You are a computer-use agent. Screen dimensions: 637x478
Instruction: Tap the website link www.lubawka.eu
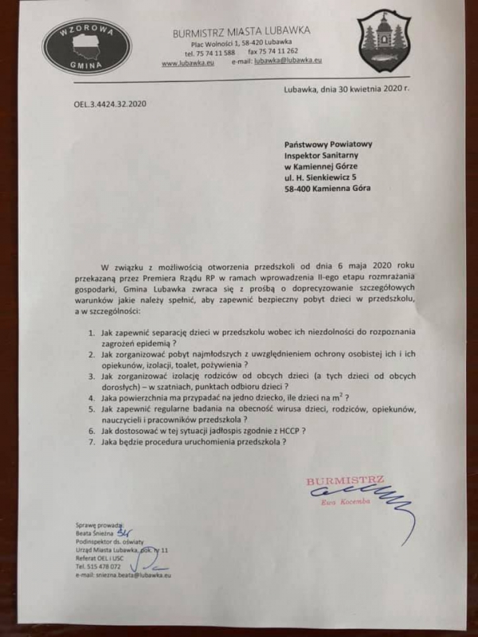click(184, 61)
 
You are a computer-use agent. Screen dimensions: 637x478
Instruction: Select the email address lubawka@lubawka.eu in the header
click(288, 61)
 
